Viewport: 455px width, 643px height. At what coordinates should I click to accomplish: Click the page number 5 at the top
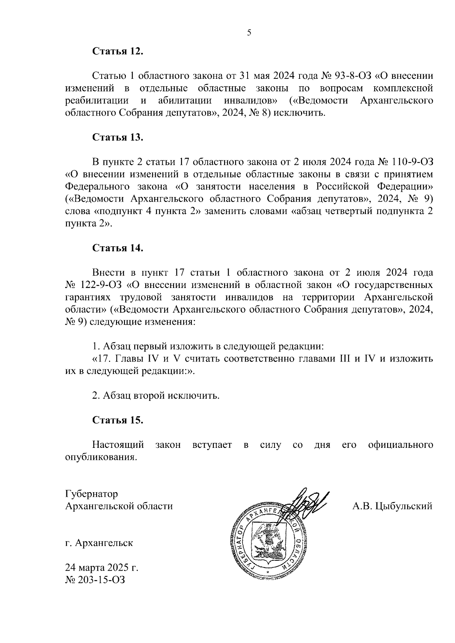[x=249, y=33]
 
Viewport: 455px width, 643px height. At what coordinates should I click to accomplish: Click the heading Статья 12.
[x=118, y=51]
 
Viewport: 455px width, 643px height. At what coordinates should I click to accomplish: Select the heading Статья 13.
[x=118, y=137]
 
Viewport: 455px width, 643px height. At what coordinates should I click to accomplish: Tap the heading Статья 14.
[x=118, y=248]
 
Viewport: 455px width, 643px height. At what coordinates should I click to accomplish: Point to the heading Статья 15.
[x=118, y=420]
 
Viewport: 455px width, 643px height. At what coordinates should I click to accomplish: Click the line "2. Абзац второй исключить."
[x=156, y=396]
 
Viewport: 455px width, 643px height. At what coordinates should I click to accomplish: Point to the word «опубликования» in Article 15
[x=100, y=457]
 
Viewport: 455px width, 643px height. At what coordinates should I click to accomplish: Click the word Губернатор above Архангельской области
[x=91, y=494]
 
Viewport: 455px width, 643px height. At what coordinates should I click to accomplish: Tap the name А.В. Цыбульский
[x=392, y=506]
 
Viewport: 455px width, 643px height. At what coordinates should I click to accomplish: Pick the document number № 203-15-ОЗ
[x=95, y=580]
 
